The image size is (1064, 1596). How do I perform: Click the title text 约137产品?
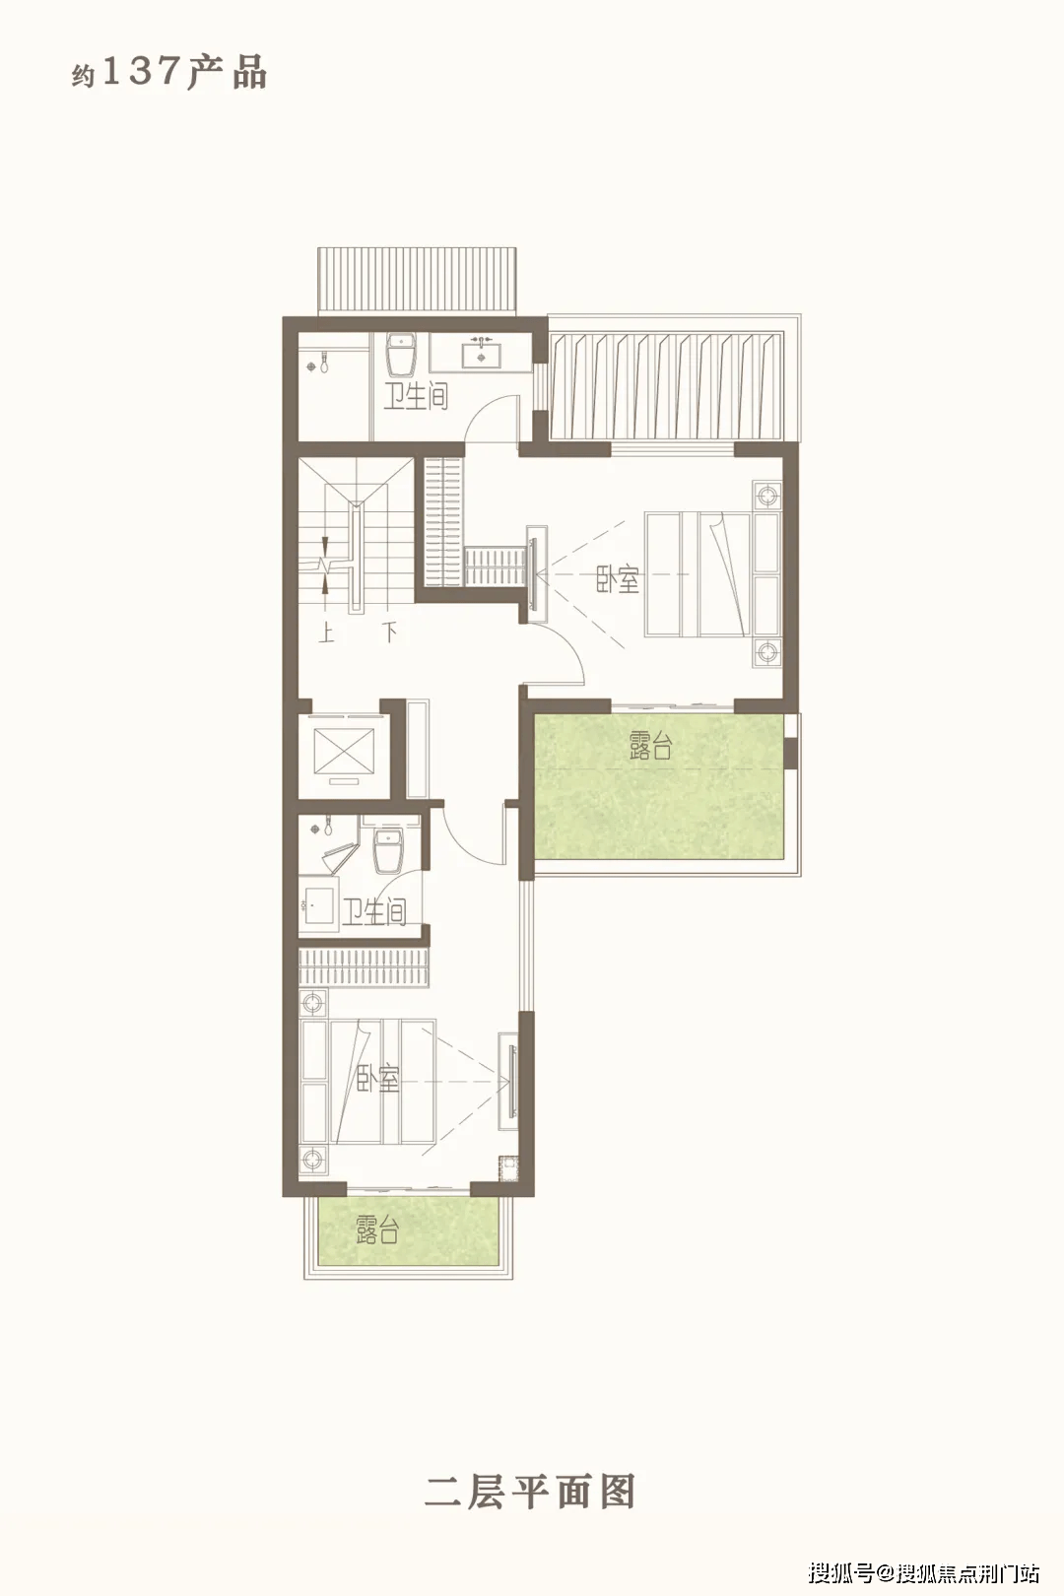(168, 73)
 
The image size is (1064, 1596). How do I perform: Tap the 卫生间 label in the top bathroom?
(416, 396)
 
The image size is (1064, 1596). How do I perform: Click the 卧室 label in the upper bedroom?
(617, 579)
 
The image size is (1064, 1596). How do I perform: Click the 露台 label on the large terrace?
(650, 745)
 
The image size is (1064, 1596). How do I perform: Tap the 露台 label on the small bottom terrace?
(377, 1230)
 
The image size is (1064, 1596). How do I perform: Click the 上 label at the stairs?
(326, 632)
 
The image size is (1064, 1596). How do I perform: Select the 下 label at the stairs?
(389, 632)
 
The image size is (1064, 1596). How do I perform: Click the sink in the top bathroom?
(482, 354)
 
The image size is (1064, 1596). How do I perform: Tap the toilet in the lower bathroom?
(389, 851)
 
